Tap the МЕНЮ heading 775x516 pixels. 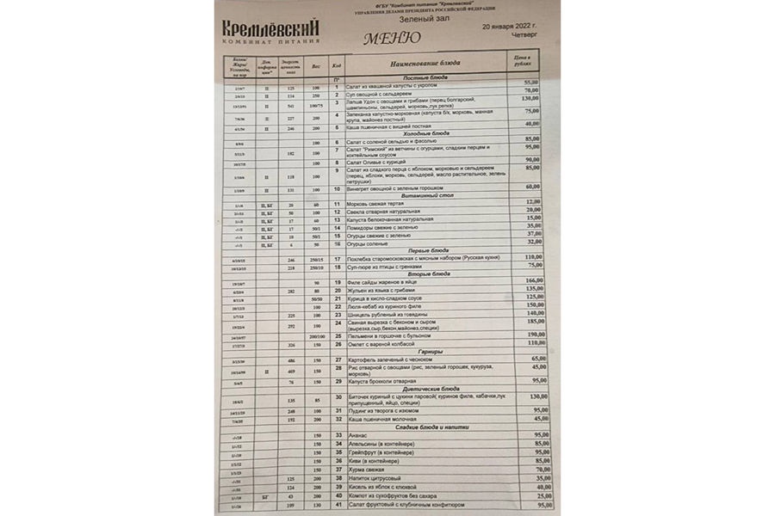[x=392, y=39]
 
